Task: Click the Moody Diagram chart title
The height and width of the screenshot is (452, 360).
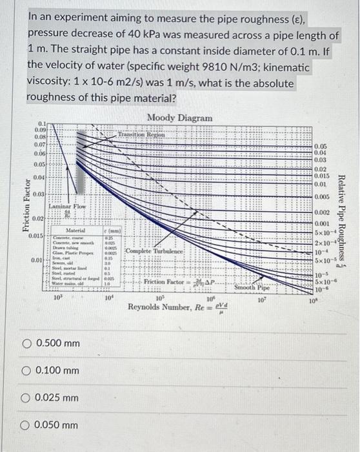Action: click(x=179, y=118)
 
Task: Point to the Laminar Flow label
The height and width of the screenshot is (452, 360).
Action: click(x=66, y=207)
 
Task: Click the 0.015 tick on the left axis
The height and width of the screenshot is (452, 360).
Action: click(x=36, y=236)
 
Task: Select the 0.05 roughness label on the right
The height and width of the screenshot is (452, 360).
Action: click(x=321, y=146)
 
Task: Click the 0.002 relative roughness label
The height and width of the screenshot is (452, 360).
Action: click(x=321, y=212)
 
